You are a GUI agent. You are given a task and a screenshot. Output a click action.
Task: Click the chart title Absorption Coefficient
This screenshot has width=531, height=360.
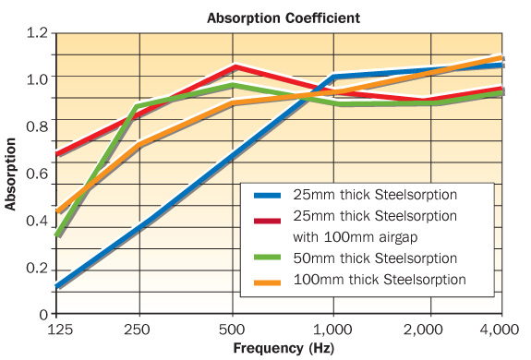(283, 17)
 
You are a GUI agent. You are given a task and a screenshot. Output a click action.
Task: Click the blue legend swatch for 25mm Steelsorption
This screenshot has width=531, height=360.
(267, 196)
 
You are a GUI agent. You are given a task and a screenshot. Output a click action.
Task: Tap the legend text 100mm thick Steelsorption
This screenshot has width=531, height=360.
(379, 279)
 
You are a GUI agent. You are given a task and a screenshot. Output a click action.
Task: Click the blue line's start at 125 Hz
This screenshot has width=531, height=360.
(57, 286)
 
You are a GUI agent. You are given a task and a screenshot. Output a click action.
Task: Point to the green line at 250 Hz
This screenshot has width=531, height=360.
(139, 106)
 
